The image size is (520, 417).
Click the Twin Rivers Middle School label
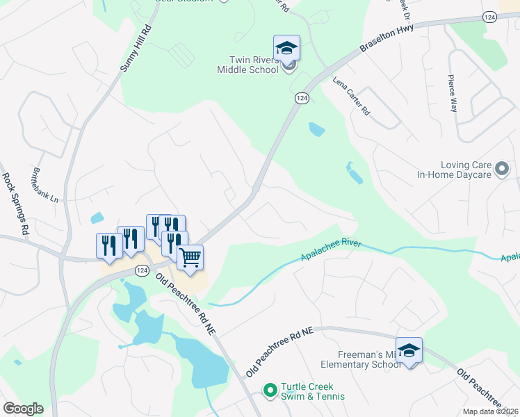click(247, 65)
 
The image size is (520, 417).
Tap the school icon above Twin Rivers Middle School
click(286, 48)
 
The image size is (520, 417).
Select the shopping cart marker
click(190, 258)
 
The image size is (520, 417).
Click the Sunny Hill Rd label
click(136, 49)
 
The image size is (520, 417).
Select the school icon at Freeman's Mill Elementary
click(409, 350)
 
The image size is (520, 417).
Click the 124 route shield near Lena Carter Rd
click(301, 99)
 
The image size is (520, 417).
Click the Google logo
click(23, 409)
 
